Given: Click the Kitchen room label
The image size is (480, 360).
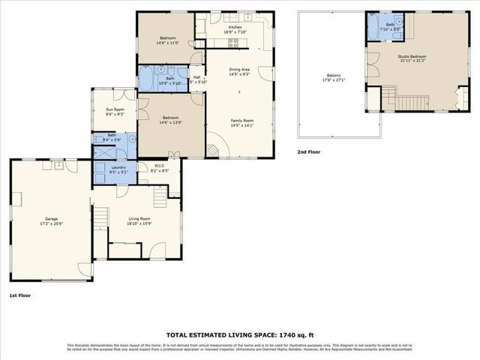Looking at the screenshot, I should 235,27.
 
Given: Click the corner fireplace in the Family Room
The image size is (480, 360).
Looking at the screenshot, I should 213,151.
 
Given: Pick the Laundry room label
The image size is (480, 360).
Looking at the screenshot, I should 118,167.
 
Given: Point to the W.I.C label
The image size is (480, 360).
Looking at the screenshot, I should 160,166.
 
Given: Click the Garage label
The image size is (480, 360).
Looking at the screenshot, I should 49,218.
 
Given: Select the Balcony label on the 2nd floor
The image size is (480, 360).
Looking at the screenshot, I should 334,75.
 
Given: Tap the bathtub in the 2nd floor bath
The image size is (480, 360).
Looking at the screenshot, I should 375,29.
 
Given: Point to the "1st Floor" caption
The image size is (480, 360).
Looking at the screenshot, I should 20,295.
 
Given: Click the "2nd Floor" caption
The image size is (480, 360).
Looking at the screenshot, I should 308,151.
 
